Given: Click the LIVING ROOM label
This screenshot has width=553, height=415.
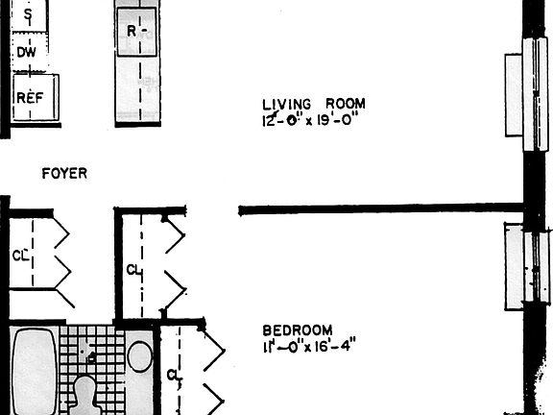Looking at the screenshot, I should [x=314, y=104].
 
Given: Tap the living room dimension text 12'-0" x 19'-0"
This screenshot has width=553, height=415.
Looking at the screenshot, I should [x=314, y=121].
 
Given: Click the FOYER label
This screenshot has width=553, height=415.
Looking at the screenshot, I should [x=65, y=174].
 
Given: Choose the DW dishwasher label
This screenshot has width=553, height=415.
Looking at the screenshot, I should [x=26, y=54].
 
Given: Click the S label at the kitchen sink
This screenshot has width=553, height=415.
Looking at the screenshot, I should [x=27, y=15].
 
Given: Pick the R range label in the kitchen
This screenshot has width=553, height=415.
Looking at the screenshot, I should [x=136, y=30].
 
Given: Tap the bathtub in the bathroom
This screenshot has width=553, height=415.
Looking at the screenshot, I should [x=33, y=375].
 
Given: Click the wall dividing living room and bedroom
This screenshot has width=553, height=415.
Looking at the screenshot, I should [x=379, y=207].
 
